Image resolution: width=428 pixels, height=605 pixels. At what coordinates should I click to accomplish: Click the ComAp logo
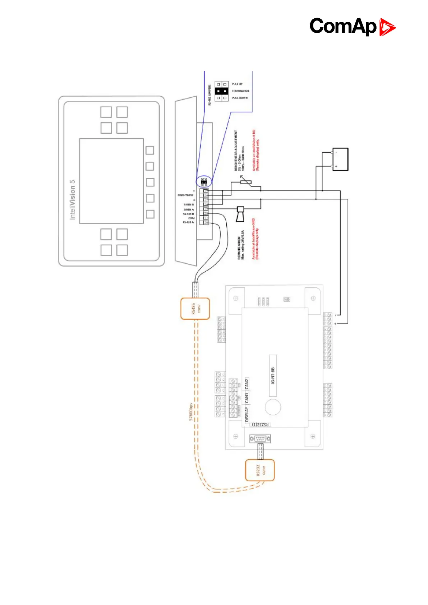click(352, 27)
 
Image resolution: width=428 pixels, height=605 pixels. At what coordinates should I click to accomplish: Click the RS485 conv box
click(194, 308)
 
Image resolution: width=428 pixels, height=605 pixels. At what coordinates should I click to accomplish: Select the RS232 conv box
click(259, 470)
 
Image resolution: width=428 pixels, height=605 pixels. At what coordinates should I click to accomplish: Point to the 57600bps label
click(191, 412)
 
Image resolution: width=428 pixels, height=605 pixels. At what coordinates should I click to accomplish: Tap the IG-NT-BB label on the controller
click(273, 375)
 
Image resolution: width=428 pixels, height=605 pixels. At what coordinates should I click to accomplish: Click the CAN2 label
click(247, 384)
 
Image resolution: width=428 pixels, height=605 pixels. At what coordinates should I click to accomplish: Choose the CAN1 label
click(247, 398)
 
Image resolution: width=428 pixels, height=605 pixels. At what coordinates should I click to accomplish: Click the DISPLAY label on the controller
click(247, 414)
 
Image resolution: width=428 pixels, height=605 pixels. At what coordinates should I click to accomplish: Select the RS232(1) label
click(261, 424)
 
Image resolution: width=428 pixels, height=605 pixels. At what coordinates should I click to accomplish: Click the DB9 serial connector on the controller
click(260, 438)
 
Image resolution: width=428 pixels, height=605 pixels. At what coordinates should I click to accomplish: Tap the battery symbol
click(340, 159)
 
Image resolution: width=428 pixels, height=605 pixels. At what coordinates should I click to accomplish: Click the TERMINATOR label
click(240, 91)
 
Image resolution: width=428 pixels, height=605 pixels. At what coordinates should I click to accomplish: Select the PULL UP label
click(237, 84)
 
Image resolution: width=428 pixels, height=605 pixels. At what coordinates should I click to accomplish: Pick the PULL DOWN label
click(240, 98)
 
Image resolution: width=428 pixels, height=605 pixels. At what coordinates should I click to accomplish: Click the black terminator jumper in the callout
click(221, 91)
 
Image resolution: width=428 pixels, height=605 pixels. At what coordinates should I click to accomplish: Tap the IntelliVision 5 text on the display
click(73, 200)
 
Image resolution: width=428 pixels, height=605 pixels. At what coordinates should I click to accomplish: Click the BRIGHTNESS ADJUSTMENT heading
click(236, 150)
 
